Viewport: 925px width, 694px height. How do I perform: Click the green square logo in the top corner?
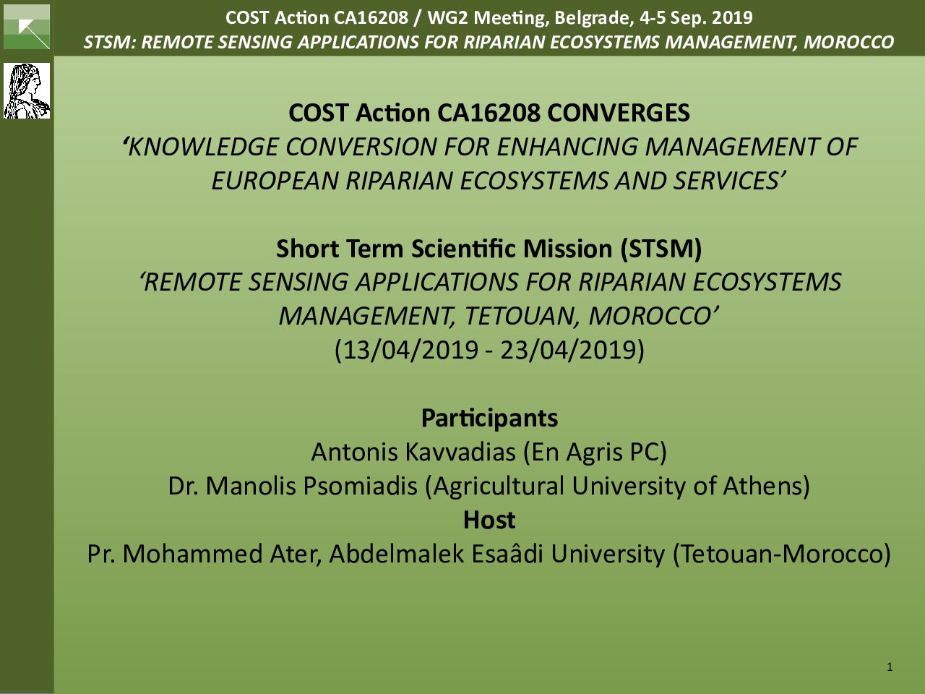tap(27, 27)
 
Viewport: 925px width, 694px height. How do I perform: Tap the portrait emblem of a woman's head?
tap(27, 91)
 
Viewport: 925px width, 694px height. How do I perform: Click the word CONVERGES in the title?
tap(618, 113)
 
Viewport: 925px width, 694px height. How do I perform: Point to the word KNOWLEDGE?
tap(202, 147)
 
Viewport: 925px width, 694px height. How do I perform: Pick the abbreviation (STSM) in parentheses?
tap(661, 249)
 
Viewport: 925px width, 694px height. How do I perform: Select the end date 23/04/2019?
tap(568, 350)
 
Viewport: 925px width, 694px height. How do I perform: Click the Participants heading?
tap(490, 419)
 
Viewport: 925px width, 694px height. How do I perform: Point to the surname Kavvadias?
tap(460, 452)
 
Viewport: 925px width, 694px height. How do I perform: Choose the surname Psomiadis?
tap(361, 487)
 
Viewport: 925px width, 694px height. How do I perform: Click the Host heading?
tap(489, 520)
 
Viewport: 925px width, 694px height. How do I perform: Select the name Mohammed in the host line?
tap(192, 554)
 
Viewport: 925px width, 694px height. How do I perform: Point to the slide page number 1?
tap(890, 667)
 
